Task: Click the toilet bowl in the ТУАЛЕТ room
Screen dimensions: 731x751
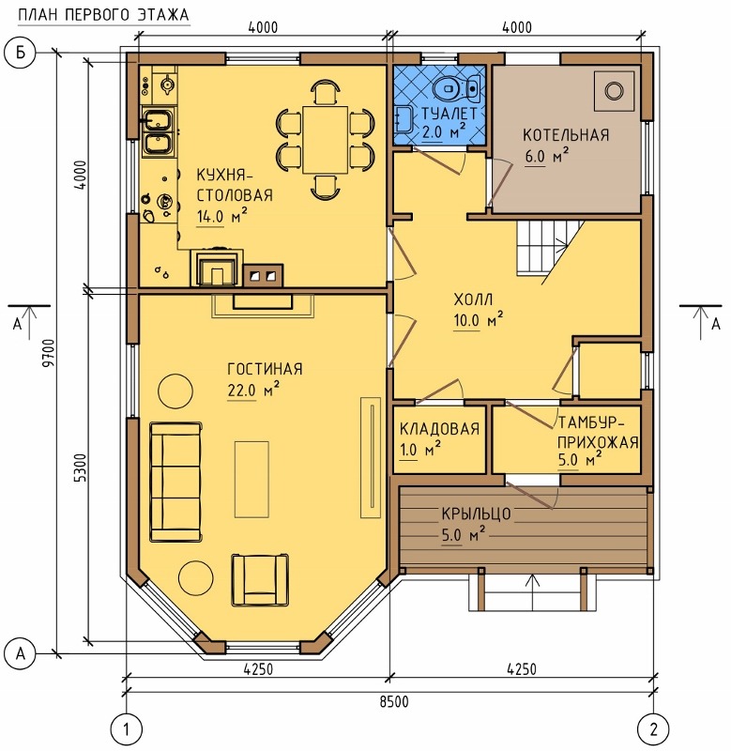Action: (x=457, y=88)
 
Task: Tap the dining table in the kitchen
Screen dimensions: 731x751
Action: (x=325, y=140)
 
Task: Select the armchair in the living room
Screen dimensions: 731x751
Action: (x=260, y=579)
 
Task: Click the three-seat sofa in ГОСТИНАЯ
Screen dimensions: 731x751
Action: (x=175, y=482)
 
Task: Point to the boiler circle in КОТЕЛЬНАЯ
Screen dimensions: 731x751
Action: (x=614, y=90)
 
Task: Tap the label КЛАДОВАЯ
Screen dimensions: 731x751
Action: (x=439, y=428)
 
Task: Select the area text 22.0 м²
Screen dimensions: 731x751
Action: (x=252, y=390)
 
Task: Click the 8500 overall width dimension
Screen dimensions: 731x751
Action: (x=394, y=701)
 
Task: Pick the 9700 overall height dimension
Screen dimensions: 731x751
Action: (x=50, y=353)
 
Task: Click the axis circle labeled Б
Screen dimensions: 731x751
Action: (x=20, y=53)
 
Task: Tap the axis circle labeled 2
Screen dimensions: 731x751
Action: (x=653, y=729)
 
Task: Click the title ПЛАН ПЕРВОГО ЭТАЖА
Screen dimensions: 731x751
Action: (x=104, y=15)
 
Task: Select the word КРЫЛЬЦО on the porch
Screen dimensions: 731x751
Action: (x=476, y=513)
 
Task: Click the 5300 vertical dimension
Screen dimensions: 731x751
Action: (x=81, y=467)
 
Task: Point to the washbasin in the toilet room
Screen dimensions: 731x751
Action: (x=404, y=119)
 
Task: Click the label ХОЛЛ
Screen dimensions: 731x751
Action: (x=473, y=299)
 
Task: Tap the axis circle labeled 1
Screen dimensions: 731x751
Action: (x=127, y=729)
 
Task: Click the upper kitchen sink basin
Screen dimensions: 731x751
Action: (x=157, y=119)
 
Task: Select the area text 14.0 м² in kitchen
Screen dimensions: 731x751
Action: (x=221, y=217)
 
